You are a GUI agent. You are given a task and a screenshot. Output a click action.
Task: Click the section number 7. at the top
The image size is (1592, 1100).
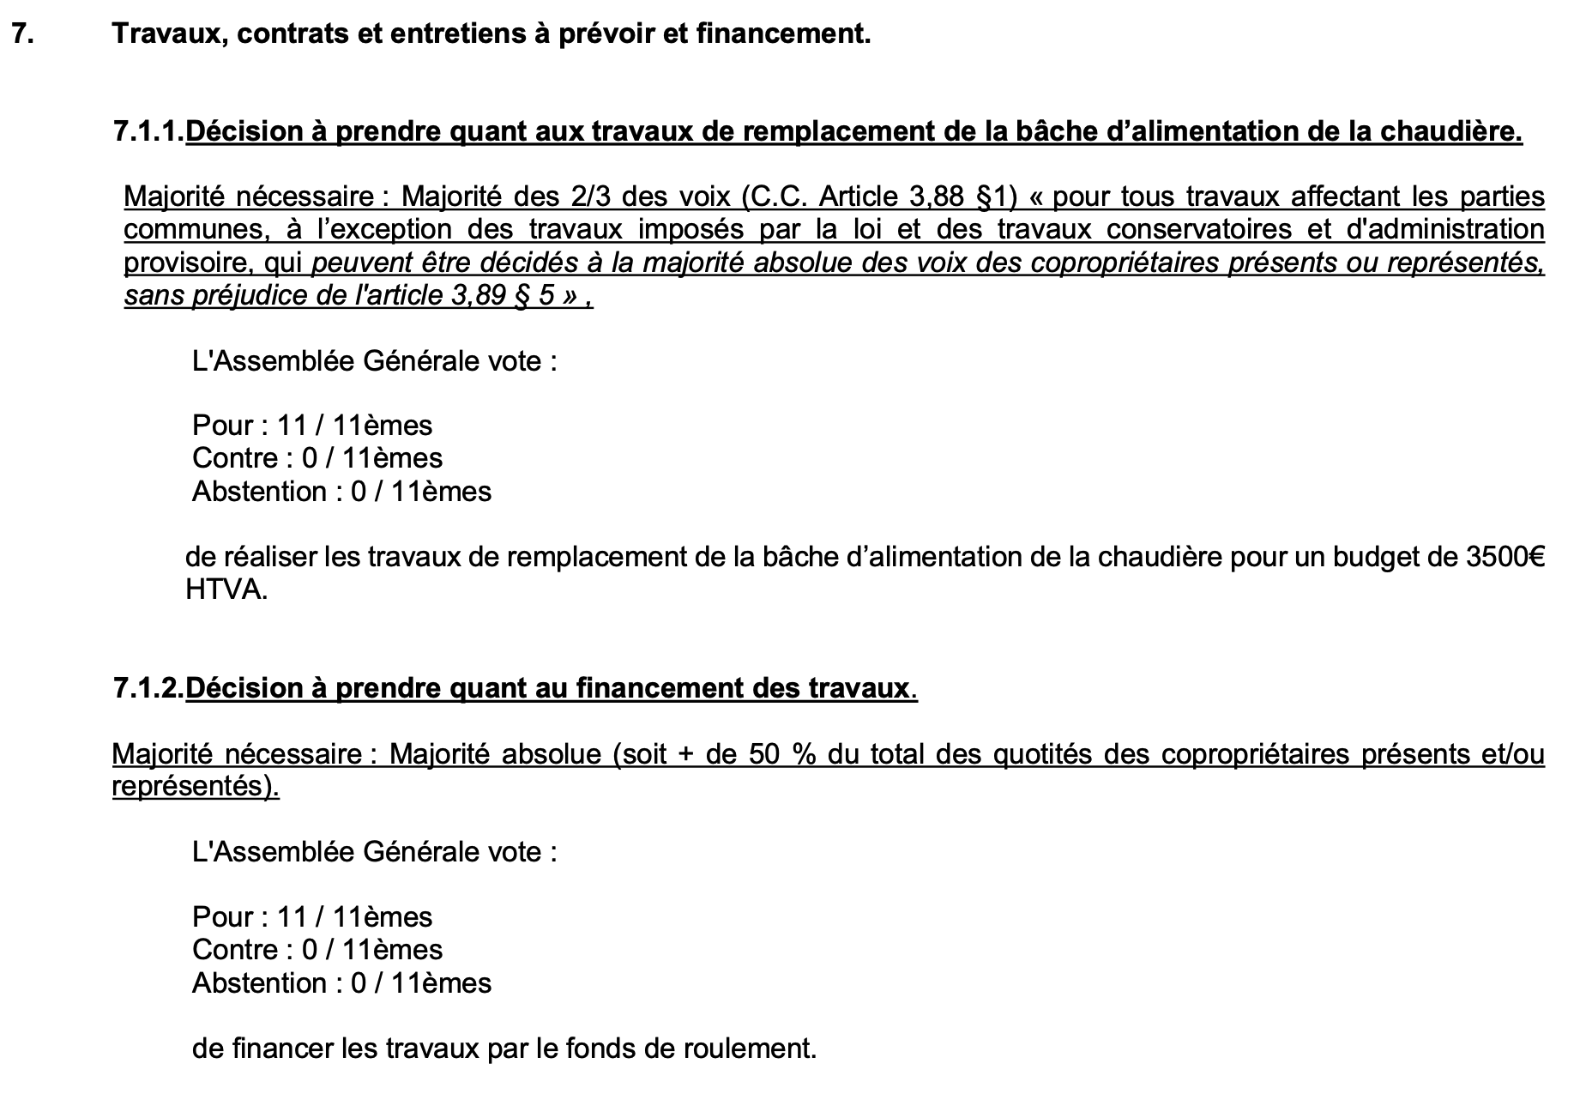[22, 34]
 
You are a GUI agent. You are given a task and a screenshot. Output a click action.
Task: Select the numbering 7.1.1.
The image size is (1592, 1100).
[148, 132]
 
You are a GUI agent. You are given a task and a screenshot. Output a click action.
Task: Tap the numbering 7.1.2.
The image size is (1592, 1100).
[148, 688]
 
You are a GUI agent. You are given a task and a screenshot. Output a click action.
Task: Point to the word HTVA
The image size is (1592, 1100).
[226, 590]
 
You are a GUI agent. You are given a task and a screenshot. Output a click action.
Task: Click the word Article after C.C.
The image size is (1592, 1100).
[860, 197]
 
